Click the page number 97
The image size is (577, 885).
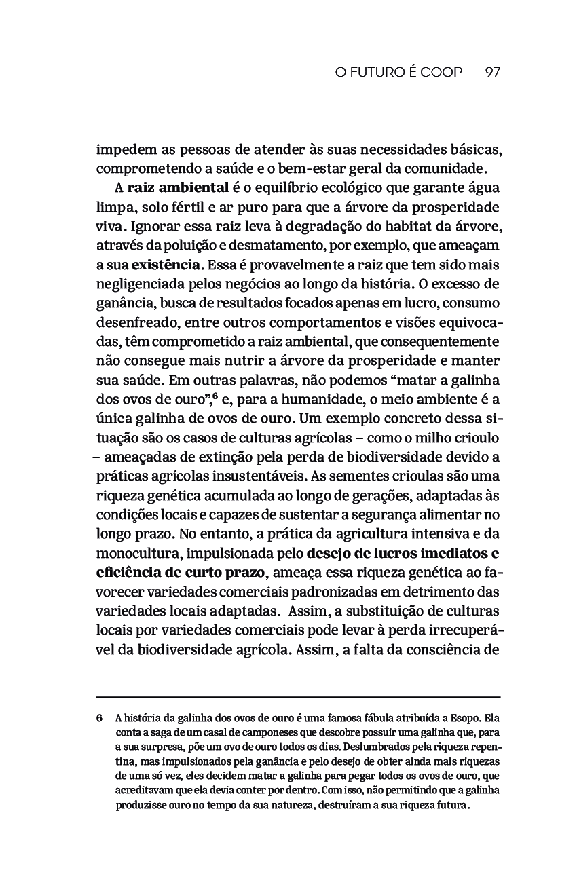[493, 72]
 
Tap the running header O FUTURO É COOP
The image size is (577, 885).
[398, 72]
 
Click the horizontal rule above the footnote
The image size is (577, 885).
[298, 697]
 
